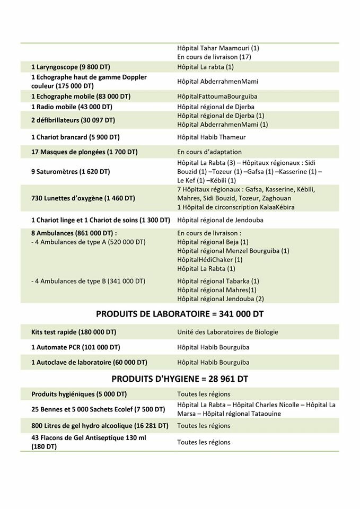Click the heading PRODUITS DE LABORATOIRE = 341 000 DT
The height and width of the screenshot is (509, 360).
click(180, 314)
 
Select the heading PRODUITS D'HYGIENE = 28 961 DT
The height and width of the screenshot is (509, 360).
click(180, 379)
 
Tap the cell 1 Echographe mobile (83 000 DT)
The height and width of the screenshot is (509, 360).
click(81, 96)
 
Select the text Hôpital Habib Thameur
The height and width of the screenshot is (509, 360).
click(212, 137)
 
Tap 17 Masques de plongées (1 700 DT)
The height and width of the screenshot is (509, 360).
click(84, 152)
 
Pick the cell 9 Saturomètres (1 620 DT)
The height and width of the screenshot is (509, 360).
click(71, 172)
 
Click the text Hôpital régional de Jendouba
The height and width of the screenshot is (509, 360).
click(220, 220)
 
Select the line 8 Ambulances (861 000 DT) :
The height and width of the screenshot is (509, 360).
click(74, 233)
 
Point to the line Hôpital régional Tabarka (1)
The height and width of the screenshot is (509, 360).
click(218, 281)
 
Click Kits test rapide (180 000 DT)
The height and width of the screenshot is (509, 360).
click(74, 332)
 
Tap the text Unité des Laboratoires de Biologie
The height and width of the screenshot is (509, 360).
click(227, 332)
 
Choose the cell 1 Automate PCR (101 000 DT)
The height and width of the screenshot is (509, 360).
click(75, 347)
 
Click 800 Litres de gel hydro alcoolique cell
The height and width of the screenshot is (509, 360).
click(100, 426)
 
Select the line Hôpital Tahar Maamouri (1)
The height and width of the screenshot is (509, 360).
click(218, 48)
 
